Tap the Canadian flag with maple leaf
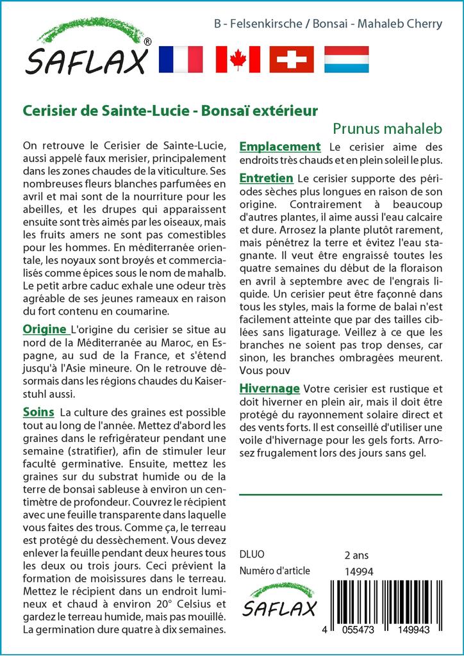pos(238,59)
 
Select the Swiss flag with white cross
pos(292,59)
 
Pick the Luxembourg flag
pos(347,59)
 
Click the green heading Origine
pos(46,329)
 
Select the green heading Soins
pos(38,411)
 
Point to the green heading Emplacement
pos(279,147)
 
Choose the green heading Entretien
pos(266,177)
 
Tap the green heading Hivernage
pos(269,388)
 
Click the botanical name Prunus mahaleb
pos(388,127)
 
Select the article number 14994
pos(358,571)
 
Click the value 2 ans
pos(357,554)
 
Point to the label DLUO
pos(251,554)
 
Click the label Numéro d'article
pos(274,571)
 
